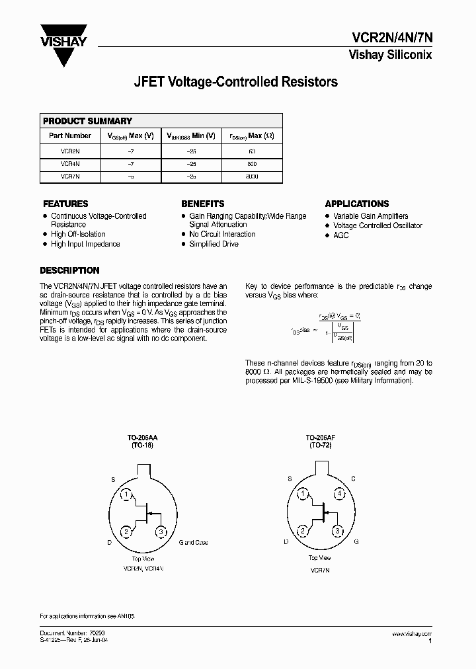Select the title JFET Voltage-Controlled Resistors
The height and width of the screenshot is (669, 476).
click(236, 82)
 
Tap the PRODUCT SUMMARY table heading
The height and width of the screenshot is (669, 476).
click(87, 121)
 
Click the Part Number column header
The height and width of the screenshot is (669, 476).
click(70, 136)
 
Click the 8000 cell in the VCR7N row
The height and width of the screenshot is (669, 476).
click(251, 177)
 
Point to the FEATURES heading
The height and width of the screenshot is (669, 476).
click(65, 204)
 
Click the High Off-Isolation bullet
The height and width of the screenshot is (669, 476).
click(78, 234)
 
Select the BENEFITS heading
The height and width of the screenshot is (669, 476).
click(202, 204)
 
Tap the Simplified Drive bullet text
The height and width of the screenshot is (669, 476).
click(214, 244)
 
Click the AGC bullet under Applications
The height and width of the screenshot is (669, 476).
click(340, 235)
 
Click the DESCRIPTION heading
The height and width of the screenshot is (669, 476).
click(69, 270)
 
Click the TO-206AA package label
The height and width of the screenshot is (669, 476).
click(143, 438)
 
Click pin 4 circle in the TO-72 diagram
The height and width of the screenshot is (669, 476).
click(338, 493)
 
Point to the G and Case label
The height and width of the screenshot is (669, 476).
click(193, 542)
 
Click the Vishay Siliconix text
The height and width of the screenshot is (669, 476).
click(390, 56)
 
